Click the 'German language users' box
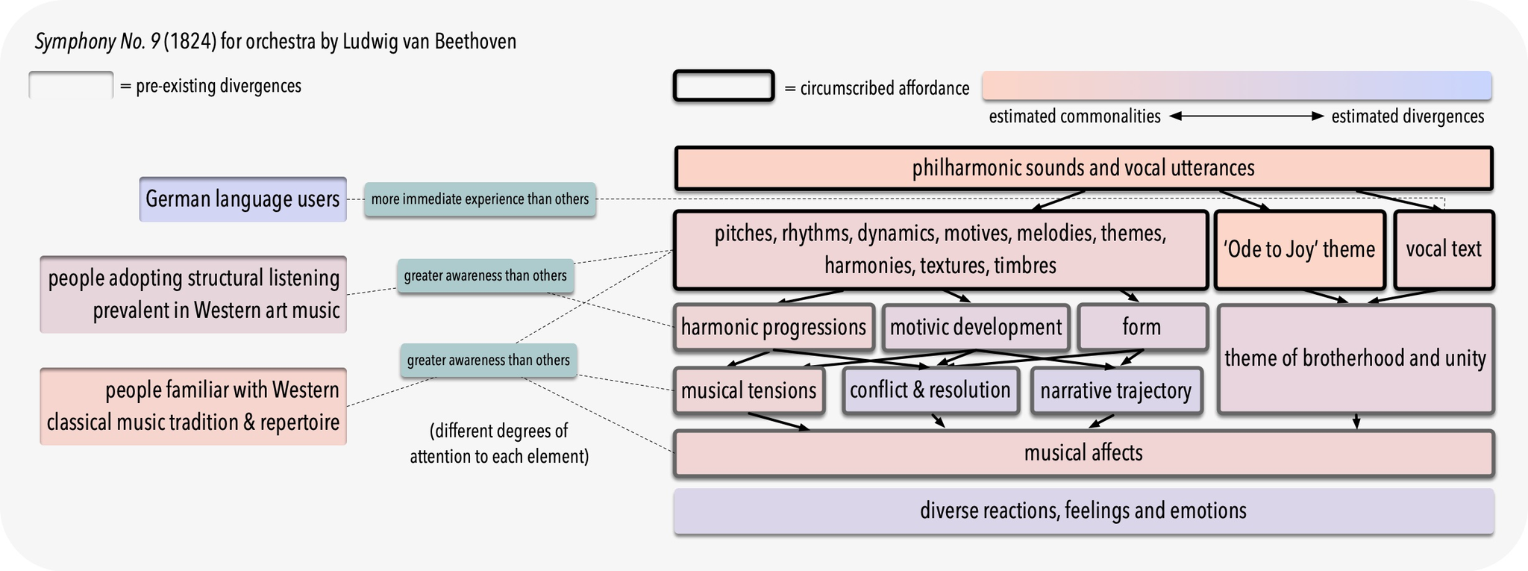[x=242, y=199]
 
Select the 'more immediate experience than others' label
[x=480, y=199]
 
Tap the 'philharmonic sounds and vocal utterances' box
[x=1083, y=169]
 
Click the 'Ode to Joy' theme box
[x=1299, y=249]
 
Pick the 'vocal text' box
[x=1444, y=249]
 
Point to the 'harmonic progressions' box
[x=774, y=327]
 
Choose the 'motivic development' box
[x=975, y=327]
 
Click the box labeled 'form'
[x=1142, y=327]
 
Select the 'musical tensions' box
[x=748, y=390]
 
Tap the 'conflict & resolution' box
[x=930, y=390]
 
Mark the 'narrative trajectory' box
[x=1115, y=390]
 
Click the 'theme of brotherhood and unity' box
[x=1355, y=359]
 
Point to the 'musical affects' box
[x=1083, y=453]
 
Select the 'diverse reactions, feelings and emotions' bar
[x=1083, y=511]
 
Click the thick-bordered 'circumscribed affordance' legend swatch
[x=724, y=86]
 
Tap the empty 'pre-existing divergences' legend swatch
[x=71, y=85]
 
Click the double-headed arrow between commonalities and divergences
[x=1246, y=116]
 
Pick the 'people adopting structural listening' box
[x=193, y=294]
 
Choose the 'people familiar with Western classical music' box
[x=193, y=406]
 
